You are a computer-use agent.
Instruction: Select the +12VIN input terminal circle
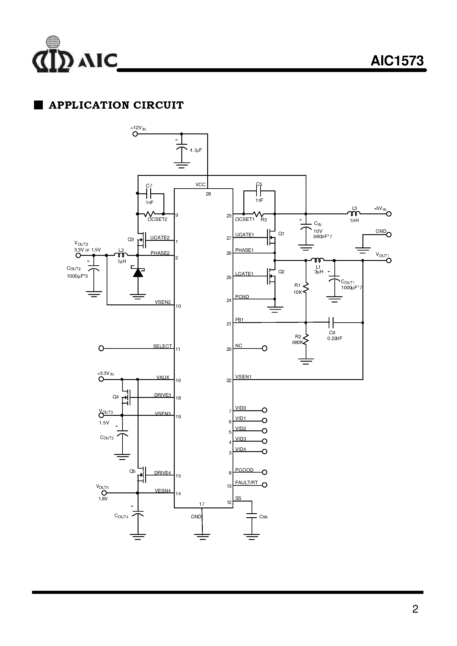coord(135,134)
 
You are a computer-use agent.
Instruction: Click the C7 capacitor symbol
coord(149,194)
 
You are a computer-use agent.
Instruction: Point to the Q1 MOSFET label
coord(281,234)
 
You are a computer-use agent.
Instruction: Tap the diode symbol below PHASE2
coord(138,272)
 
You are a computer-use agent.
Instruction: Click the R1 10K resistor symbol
coord(306,288)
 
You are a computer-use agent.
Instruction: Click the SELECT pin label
coord(162,346)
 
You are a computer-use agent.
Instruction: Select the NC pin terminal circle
coord(265,348)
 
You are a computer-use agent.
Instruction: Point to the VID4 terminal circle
coord(265,452)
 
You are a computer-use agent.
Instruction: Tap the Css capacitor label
coord(263,517)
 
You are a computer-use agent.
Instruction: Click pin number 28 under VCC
coord(208,194)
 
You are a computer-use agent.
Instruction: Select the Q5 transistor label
coord(132,471)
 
